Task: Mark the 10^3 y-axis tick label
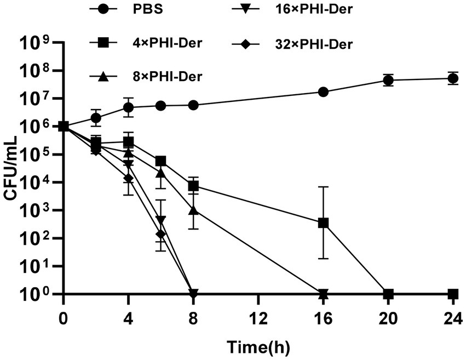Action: [36, 210]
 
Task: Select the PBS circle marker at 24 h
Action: [453, 78]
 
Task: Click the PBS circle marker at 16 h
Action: [323, 92]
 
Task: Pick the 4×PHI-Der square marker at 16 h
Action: [323, 223]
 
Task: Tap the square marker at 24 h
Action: [453, 294]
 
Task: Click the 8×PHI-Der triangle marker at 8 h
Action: [193, 210]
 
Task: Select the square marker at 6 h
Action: [161, 161]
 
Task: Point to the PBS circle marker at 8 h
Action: [193, 105]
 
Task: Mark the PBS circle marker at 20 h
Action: [388, 80]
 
